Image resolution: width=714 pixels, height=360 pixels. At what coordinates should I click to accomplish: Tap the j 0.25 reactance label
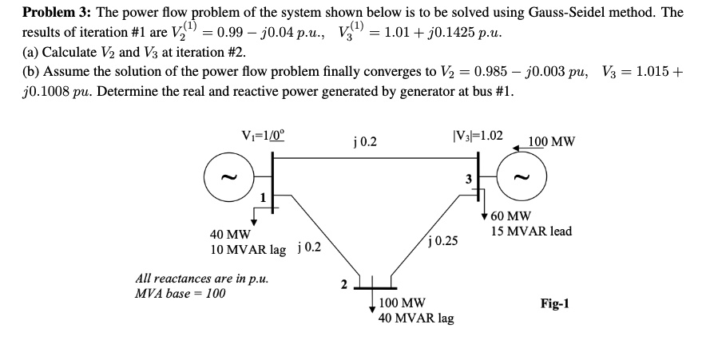443,239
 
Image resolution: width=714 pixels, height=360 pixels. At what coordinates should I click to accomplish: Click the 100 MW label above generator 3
550,142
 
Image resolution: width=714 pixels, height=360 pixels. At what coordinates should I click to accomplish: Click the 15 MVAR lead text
532,231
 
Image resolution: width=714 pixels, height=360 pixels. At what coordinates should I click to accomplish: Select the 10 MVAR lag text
248,249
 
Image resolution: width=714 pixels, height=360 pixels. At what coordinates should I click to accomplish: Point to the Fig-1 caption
554,304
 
